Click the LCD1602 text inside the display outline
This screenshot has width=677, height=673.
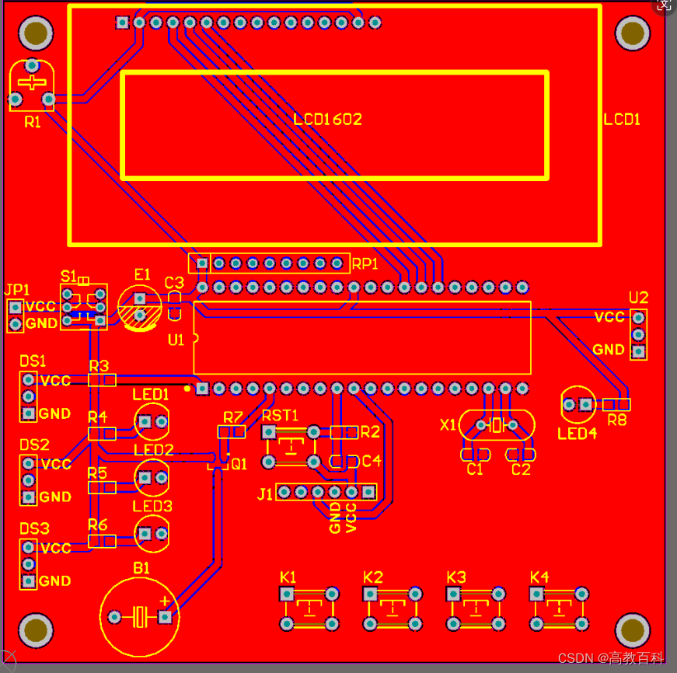point(328,120)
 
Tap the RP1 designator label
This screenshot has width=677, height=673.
point(365,263)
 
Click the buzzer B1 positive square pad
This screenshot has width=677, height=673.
point(165,617)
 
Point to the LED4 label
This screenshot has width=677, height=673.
point(577,434)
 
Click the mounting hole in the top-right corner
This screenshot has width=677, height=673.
point(633,33)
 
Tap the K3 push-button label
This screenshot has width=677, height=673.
point(456,577)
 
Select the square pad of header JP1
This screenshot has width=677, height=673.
point(16,308)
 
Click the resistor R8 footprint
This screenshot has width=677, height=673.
point(616,404)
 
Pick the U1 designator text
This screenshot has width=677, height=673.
point(176,340)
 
